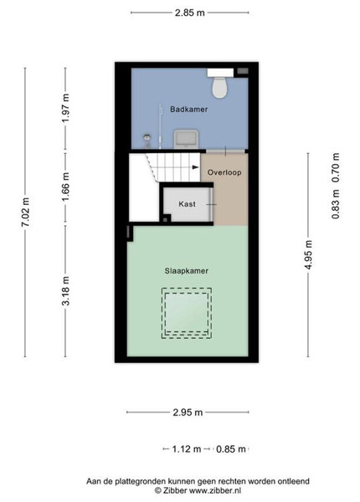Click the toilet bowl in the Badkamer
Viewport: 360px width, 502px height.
219,87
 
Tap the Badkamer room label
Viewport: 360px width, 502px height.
189,109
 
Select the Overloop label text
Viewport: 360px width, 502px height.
224,172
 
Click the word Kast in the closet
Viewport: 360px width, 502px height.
187,204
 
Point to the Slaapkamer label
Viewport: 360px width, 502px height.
187,271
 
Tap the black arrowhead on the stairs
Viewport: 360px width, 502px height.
195,167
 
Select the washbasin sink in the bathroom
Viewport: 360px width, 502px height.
187,139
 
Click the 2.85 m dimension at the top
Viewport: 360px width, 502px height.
189,13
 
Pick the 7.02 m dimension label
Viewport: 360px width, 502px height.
26,213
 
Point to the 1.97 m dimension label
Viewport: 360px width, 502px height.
65,108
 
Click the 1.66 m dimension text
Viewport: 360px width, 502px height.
65,187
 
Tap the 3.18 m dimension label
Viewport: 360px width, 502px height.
65,290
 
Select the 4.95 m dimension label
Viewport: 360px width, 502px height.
308,255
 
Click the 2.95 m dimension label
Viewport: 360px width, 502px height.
188,412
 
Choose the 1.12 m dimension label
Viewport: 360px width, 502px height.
187,449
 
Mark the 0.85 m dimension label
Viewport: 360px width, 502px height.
230,449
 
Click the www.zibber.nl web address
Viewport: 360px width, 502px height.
215,490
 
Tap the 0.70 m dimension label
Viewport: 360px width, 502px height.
336,168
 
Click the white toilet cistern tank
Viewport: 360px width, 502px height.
220,73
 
